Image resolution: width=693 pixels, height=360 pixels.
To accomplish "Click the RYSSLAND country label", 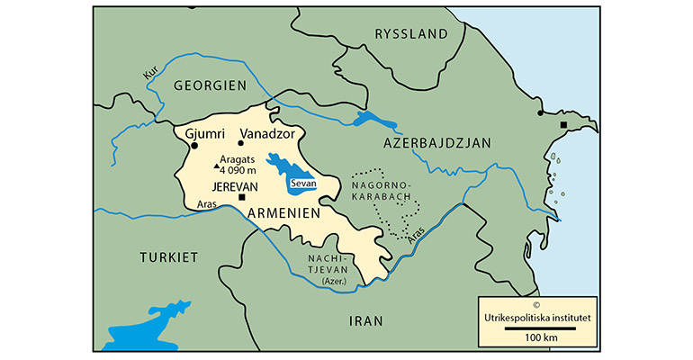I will coord(410,34).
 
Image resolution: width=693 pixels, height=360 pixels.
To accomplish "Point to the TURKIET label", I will coord(168,257).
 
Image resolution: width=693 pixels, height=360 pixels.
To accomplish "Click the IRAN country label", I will coord(366,320).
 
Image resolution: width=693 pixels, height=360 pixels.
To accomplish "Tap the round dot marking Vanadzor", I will coord(240,143).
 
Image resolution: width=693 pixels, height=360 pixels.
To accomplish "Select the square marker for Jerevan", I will coord(241,197).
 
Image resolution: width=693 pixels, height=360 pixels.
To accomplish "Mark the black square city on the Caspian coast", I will coord(563,124).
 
